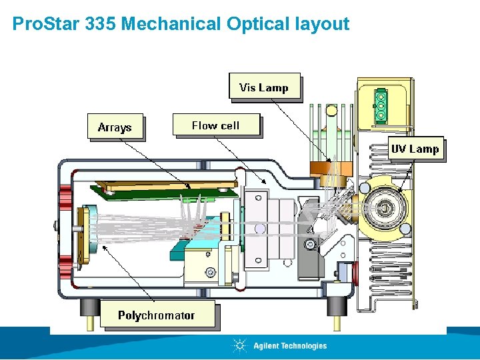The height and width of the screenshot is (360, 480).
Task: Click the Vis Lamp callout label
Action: pyautogui.click(x=264, y=87)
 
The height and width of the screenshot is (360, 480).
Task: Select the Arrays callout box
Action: pyautogui.click(x=115, y=127)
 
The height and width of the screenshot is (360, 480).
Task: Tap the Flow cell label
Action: pyautogui.click(x=215, y=125)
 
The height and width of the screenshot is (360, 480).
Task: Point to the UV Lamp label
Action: pyautogui.click(x=415, y=149)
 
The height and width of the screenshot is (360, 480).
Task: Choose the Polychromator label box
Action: pyautogui.click(x=157, y=315)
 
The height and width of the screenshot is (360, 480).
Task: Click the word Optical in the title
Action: pyautogui.click(x=256, y=25)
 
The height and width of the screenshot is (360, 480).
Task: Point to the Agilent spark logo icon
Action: pyautogui.click(x=239, y=345)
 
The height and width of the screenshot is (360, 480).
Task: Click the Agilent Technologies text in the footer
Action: pyautogui.click(x=290, y=345)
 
